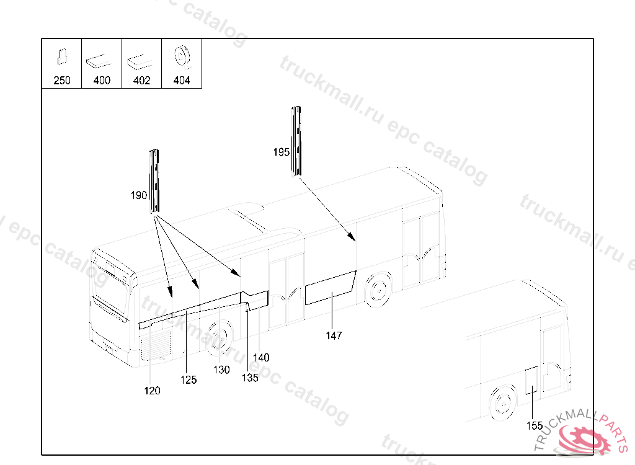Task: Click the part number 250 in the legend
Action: coord(62,81)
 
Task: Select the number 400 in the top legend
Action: coord(102,81)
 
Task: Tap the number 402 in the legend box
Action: coord(142,81)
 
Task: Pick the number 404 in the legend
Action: coord(182,81)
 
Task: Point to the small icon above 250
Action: coord(62,56)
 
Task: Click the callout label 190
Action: coord(138,195)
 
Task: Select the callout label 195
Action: coord(282,152)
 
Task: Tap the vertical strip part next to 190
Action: coord(154,181)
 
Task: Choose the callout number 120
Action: coord(152,391)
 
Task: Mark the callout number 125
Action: coord(189,379)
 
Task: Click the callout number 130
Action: coord(221,370)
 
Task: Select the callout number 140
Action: coord(261,357)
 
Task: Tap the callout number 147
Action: coord(334,336)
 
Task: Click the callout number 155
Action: coord(535,425)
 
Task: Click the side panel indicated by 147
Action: coord(329,289)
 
